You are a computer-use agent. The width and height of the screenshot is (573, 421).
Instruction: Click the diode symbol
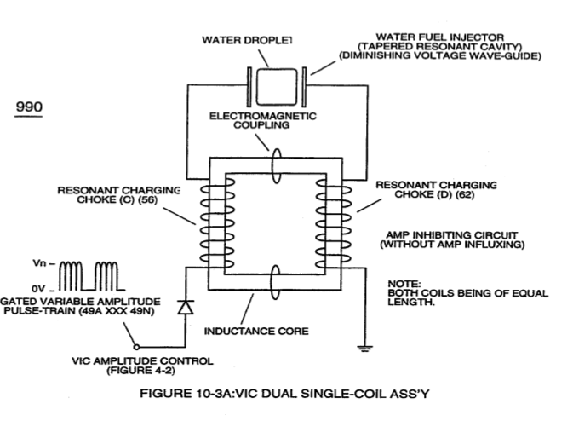tap(186, 308)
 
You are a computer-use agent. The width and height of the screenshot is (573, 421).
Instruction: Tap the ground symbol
tap(364, 349)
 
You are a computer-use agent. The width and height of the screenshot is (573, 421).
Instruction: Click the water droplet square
tap(277, 87)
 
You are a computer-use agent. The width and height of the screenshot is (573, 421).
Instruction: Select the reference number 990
tap(29, 107)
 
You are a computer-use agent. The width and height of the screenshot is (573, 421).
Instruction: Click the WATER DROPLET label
tap(247, 40)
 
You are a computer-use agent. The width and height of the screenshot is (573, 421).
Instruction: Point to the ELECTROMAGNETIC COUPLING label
tap(263, 120)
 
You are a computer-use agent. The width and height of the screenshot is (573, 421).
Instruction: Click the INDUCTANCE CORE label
tap(256, 331)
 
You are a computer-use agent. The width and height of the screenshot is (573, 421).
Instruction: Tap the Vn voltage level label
tap(39, 263)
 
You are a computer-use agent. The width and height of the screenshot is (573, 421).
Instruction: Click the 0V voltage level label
tap(38, 289)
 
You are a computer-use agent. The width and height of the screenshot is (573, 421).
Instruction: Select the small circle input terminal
tap(136, 347)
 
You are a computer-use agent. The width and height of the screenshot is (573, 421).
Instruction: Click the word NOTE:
tap(404, 284)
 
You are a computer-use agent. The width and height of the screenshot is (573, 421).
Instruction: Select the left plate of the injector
tap(249, 87)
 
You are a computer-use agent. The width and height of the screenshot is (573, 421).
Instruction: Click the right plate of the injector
tap(304, 87)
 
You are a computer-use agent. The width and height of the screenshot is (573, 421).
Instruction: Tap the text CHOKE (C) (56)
tap(117, 199)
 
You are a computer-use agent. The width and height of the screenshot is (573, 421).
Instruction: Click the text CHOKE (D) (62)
tap(434, 194)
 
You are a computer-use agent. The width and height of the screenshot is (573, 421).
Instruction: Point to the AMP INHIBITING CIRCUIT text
tap(452, 235)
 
